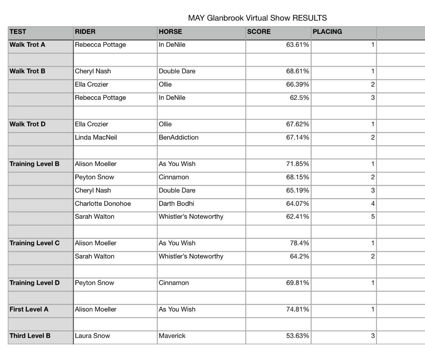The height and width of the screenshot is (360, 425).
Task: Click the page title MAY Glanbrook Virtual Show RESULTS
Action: [x=257, y=18]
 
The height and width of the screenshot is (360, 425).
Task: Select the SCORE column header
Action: [x=259, y=32]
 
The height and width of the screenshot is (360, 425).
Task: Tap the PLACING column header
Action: [x=327, y=32]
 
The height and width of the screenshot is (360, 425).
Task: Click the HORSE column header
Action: [x=170, y=32]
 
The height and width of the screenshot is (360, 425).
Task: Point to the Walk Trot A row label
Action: [x=27, y=45]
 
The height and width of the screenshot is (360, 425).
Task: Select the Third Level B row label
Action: [x=30, y=336]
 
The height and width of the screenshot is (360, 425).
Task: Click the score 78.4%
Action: [x=299, y=243]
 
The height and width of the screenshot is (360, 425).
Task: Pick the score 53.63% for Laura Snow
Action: [x=297, y=336]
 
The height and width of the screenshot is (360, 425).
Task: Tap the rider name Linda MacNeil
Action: [x=96, y=138]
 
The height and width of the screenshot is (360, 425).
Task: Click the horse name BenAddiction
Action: [x=179, y=138]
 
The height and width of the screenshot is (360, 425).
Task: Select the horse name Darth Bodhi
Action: [x=176, y=204]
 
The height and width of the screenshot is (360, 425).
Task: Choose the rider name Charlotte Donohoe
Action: [x=103, y=204]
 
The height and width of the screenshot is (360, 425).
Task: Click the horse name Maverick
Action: [x=172, y=336]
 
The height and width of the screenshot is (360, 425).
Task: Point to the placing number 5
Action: [x=373, y=217]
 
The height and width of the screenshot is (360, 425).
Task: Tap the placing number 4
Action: [x=373, y=204]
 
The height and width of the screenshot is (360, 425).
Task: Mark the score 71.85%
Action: [x=297, y=164]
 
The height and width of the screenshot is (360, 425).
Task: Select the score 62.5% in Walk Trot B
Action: [x=299, y=98]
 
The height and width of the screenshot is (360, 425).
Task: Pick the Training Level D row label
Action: [x=34, y=283]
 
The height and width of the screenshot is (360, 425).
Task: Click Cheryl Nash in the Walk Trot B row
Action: [x=93, y=71]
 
